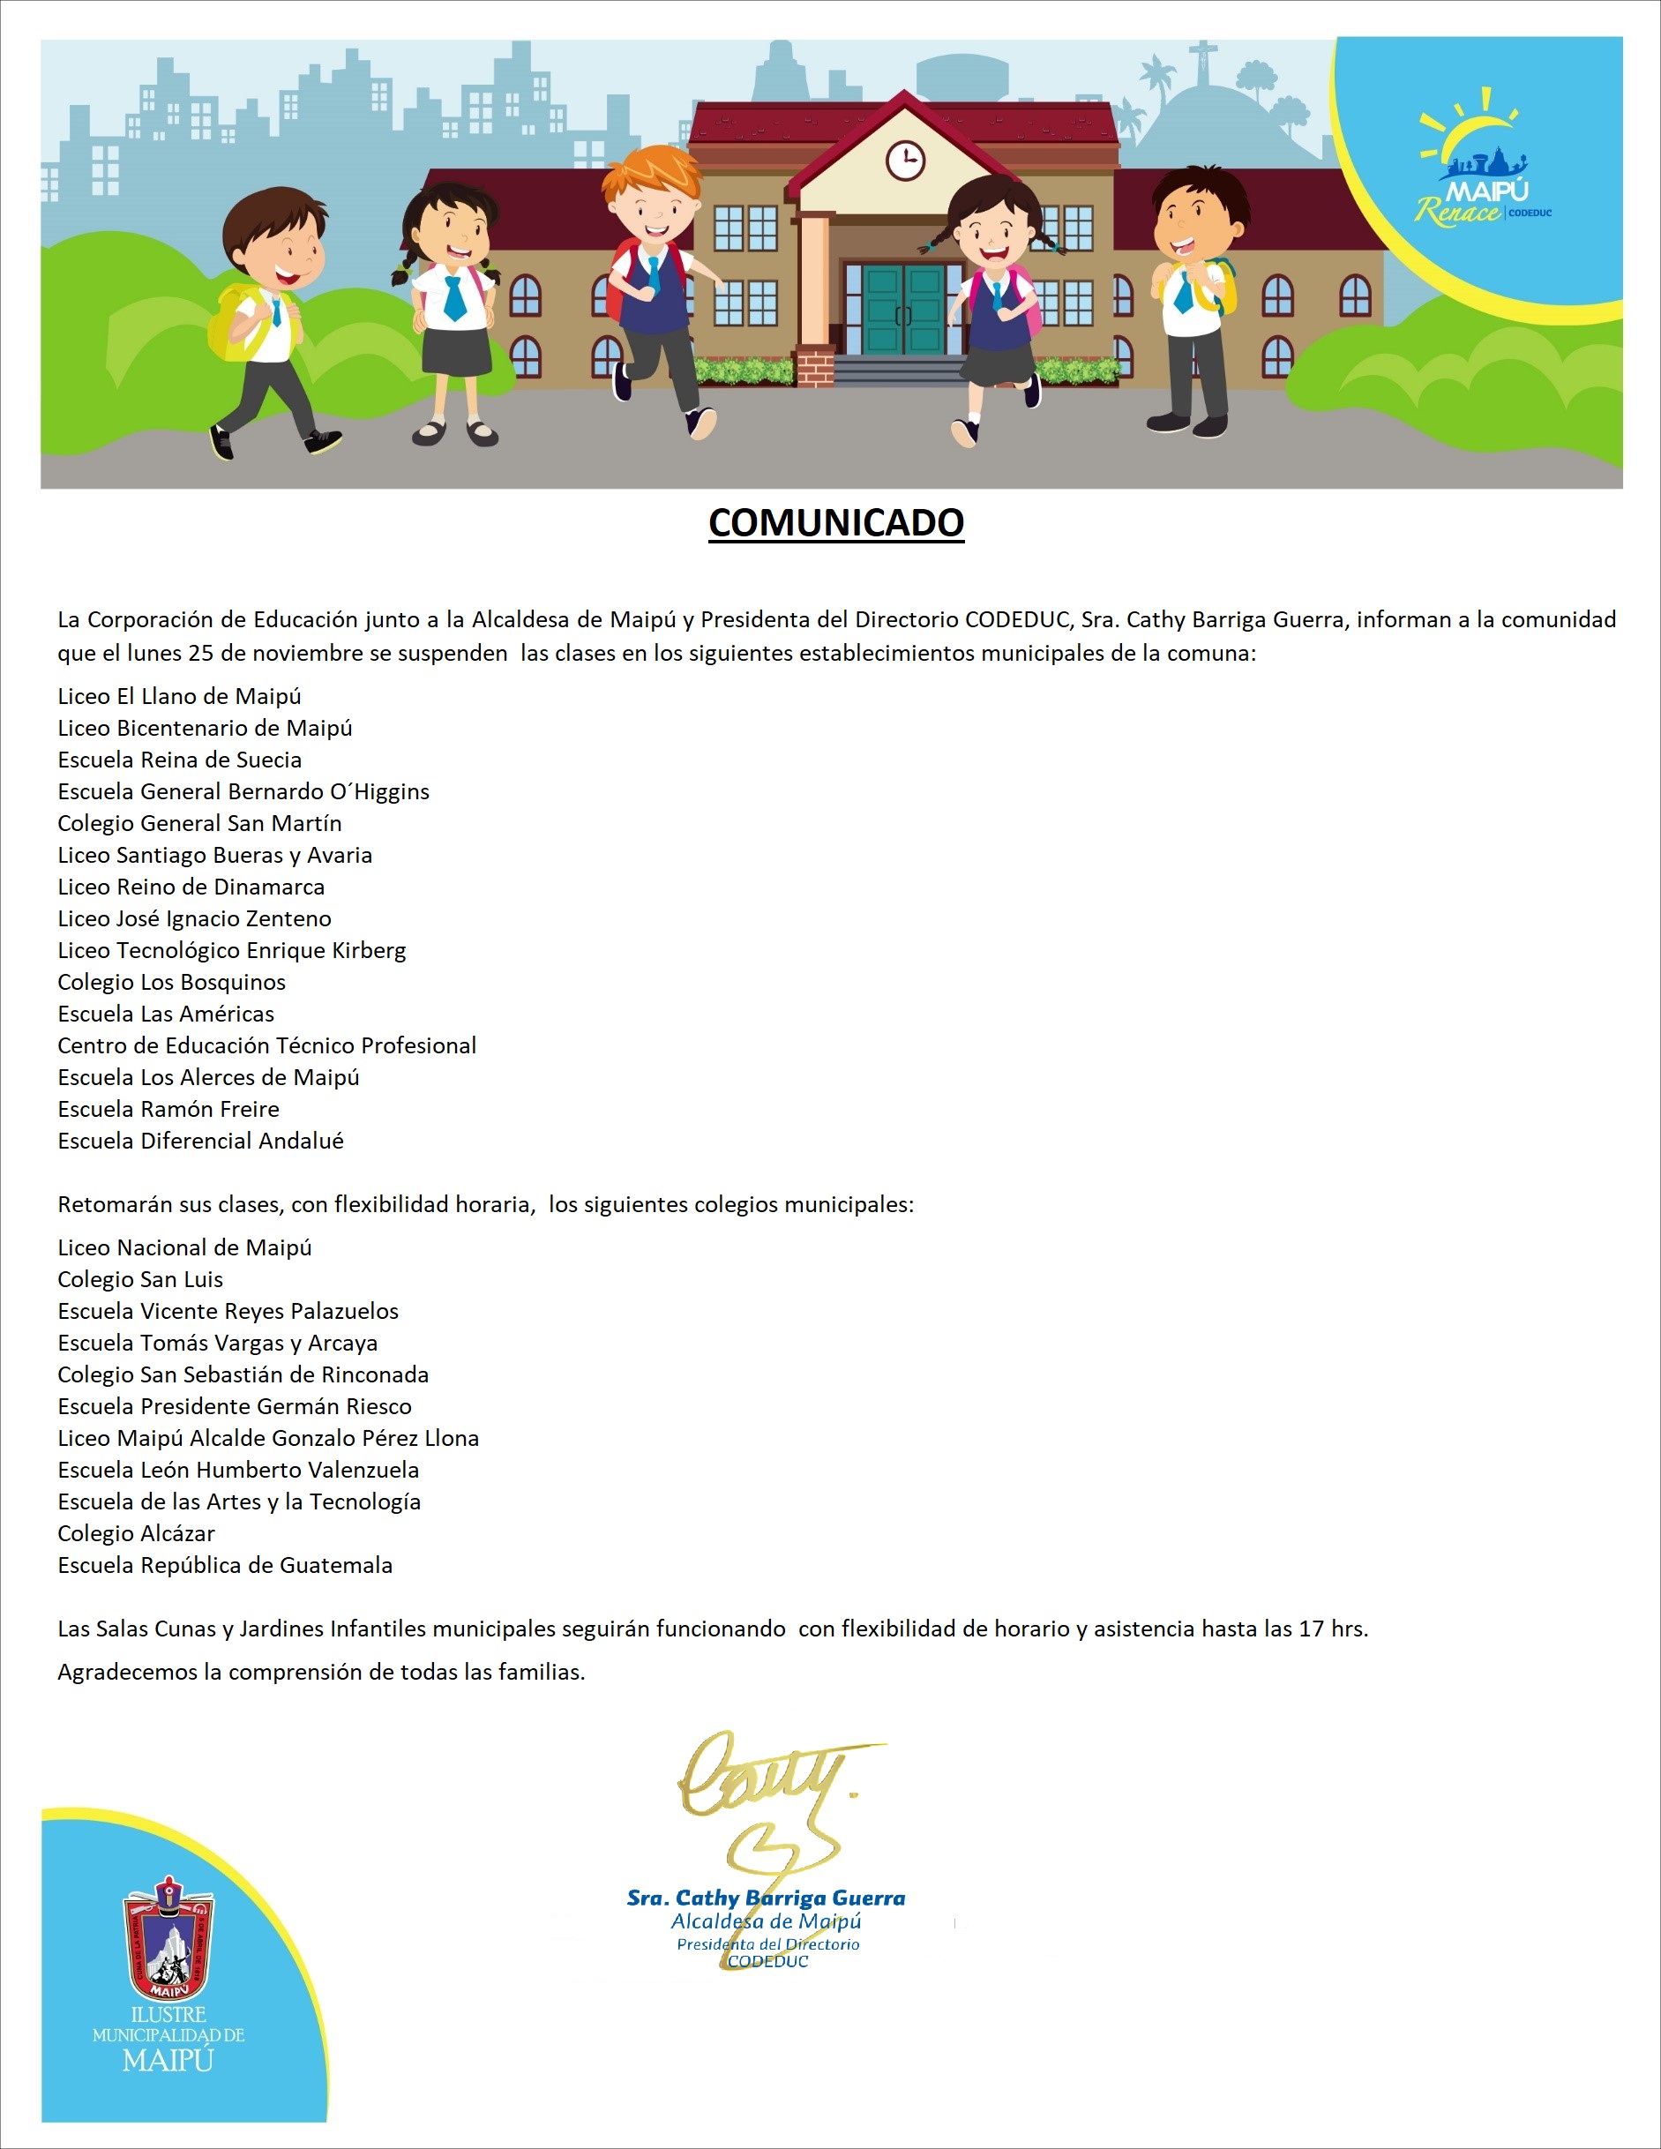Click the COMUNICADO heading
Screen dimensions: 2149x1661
835,522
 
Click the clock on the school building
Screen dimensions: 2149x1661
904,160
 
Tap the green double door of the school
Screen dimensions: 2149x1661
903,307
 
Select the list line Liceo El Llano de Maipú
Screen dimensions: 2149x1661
179,696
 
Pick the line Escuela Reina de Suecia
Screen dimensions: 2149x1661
179,760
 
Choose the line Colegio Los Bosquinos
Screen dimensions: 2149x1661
171,982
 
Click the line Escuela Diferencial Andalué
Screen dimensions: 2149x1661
201,1141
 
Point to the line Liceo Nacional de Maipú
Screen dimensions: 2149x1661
184,1247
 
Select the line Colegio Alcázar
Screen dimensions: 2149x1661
136,1533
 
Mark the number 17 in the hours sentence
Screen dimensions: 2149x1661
1311,1629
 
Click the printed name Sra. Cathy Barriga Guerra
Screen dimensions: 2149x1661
766,1898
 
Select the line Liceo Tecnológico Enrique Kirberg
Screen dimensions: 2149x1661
231,950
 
